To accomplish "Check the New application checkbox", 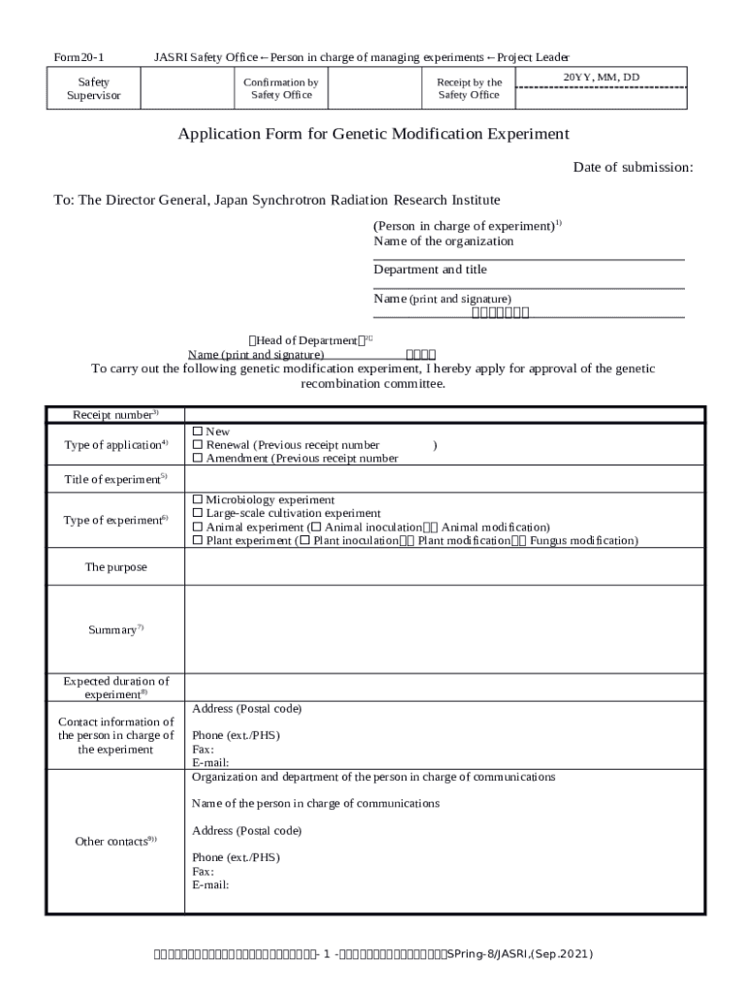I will (198, 432).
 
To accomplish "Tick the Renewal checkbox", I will (198, 445).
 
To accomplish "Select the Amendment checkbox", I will (198, 459).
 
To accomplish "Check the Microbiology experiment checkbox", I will (198, 500).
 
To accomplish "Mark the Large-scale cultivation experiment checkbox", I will (198, 514).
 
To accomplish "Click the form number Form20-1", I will (79, 57).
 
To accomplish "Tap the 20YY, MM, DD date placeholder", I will (601, 78).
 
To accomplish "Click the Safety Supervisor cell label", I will (93, 89).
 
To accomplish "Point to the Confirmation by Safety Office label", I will (281, 89).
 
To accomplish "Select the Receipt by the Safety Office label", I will (469, 89).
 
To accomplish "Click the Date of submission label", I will (633, 168).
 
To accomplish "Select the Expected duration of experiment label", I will (115, 688).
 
